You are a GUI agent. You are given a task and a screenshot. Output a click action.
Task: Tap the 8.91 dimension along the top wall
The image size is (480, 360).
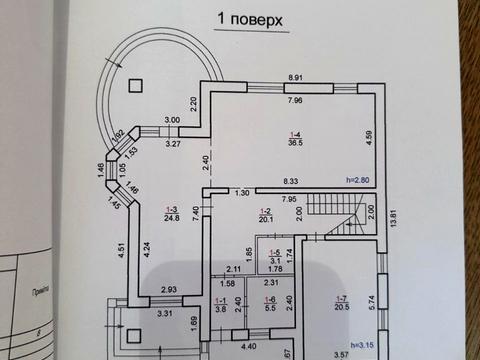[x=295, y=78]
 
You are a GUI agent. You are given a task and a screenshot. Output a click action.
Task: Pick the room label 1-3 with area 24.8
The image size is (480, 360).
[x=172, y=212]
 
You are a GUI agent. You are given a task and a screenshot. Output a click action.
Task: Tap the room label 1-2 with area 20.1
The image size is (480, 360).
[x=265, y=214]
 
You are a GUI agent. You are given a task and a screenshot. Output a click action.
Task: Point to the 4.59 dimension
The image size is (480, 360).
[x=369, y=138]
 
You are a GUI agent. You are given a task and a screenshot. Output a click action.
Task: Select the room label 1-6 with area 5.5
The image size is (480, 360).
[x=268, y=304]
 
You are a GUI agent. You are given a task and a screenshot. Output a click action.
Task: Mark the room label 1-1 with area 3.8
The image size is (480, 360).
[x=222, y=305]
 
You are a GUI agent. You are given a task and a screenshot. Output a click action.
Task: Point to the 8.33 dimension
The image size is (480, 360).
[x=289, y=182]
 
